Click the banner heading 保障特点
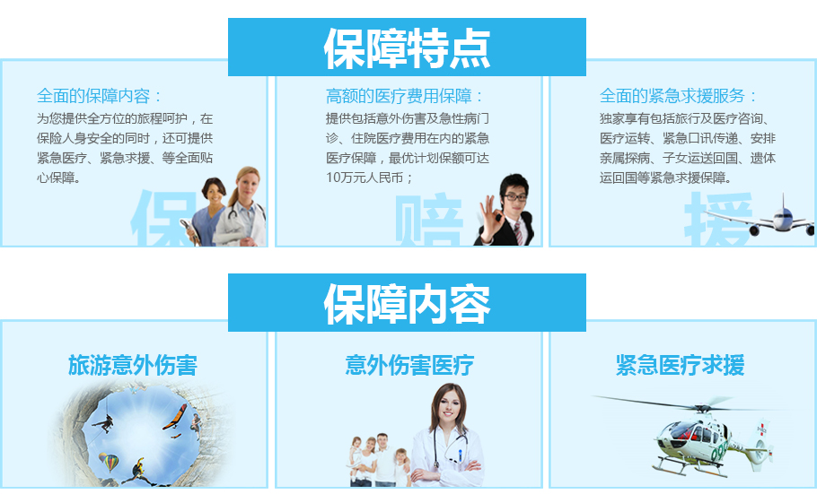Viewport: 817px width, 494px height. [x=407, y=48]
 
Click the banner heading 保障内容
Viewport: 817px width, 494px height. [x=407, y=304]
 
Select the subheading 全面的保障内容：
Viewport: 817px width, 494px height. [x=99, y=96]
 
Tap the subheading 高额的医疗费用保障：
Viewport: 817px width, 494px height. [x=404, y=96]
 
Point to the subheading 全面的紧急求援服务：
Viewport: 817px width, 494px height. [x=678, y=96]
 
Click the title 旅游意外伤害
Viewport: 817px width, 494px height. [x=133, y=365]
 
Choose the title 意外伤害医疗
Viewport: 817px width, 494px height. [x=409, y=365]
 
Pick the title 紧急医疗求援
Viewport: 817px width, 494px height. [x=680, y=365]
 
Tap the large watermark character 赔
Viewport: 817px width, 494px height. [x=428, y=219]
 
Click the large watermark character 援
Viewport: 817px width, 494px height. [x=718, y=219]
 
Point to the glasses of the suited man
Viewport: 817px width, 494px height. [x=515, y=197]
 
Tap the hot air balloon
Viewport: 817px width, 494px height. [x=109, y=462]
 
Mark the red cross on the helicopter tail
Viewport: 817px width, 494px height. [x=761, y=429]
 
